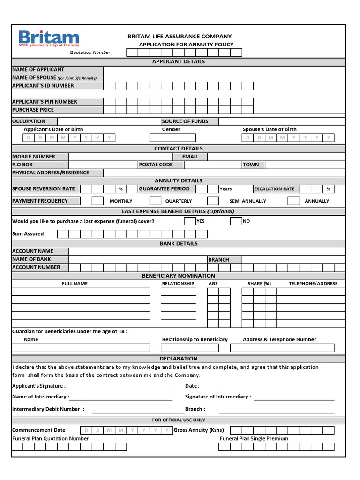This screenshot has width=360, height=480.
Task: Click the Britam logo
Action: (49, 38)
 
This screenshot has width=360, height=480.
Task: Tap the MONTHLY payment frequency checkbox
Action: (97, 201)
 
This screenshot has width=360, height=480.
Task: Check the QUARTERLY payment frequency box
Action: (156, 201)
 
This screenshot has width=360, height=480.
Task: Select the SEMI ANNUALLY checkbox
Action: (213, 201)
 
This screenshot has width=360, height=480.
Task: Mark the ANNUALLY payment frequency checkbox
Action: (293, 201)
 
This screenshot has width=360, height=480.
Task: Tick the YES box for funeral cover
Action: (189, 221)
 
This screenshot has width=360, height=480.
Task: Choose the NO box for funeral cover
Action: (236, 221)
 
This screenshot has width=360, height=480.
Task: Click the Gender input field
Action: (172, 138)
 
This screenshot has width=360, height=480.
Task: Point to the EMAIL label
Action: (190, 157)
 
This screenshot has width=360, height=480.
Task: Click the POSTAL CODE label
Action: (156, 165)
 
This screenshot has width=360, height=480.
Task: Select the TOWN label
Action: (251, 165)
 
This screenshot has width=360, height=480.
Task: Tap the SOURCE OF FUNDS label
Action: (185, 121)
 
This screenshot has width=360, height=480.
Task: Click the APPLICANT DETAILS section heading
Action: (178, 61)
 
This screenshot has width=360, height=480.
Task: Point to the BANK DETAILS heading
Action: (179, 243)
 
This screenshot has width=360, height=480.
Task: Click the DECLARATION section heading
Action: (179, 359)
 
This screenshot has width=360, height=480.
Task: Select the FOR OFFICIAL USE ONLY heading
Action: (179, 420)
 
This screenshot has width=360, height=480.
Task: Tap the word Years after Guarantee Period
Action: (225, 189)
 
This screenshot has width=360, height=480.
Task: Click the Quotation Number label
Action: (90, 52)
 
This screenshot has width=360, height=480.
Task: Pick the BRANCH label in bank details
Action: (219, 259)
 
